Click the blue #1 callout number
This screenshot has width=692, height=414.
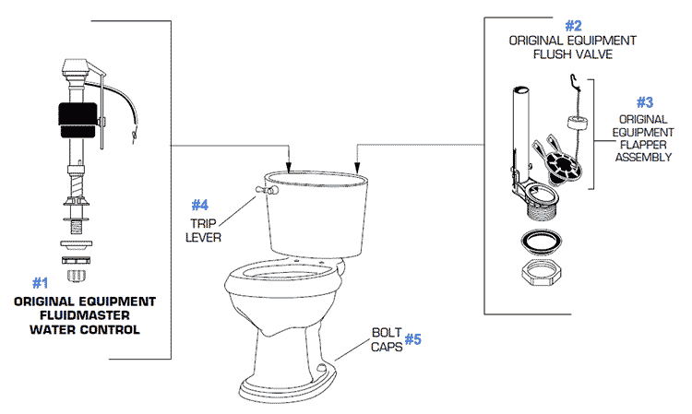pos(40,282)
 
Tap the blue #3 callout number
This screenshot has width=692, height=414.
pos(645,103)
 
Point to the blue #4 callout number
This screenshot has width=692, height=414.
pos(201,204)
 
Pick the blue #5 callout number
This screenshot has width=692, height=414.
pos(413,339)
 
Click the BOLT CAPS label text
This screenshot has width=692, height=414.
pos(386,339)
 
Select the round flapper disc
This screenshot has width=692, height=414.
pos(566,167)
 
